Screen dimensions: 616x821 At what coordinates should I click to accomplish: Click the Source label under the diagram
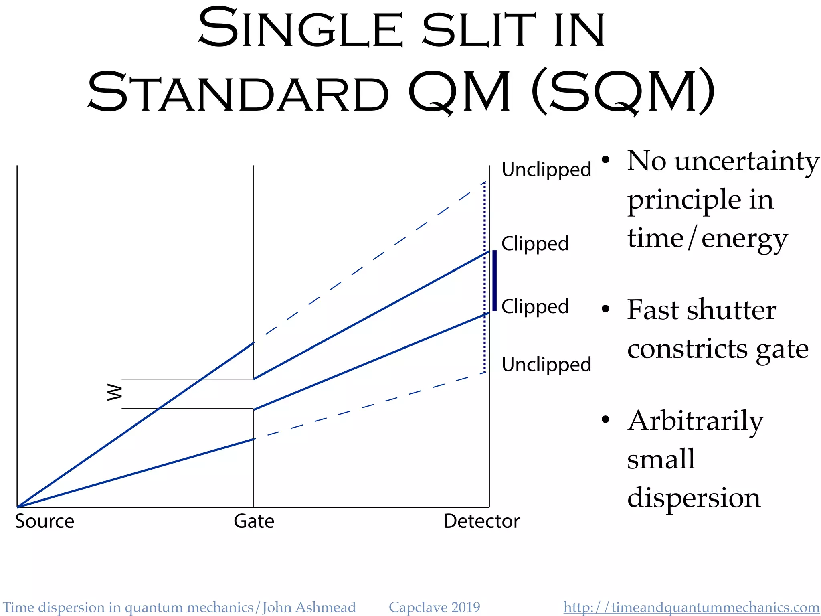(x=44, y=521)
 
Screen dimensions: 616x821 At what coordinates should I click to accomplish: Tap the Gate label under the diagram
(x=254, y=521)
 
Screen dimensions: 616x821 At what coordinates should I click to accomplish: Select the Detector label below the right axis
(x=481, y=521)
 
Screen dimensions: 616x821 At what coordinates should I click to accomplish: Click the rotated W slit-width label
(x=115, y=393)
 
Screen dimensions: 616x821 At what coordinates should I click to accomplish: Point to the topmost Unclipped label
(x=546, y=170)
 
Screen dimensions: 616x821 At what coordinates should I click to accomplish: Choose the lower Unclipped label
(x=546, y=365)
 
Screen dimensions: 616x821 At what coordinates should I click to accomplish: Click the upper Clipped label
(x=535, y=243)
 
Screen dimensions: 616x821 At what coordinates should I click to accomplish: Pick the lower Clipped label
(x=535, y=306)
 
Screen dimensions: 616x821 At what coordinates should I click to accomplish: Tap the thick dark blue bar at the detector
(x=494, y=281)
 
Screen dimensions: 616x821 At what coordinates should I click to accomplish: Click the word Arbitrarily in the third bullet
(x=696, y=421)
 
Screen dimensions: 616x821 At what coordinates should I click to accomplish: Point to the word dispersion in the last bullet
(x=694, y=498)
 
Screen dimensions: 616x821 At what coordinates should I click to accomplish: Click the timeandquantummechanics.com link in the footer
(x=691, y=607)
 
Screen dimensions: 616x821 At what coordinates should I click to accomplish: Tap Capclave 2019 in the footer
(x=434, y=607)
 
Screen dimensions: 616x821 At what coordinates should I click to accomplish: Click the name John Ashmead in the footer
(x=309, y=607)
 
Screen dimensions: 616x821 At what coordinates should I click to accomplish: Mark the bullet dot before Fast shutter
(x=605, y=309)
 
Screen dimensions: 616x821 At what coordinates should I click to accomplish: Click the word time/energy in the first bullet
(x=708, y=238)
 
